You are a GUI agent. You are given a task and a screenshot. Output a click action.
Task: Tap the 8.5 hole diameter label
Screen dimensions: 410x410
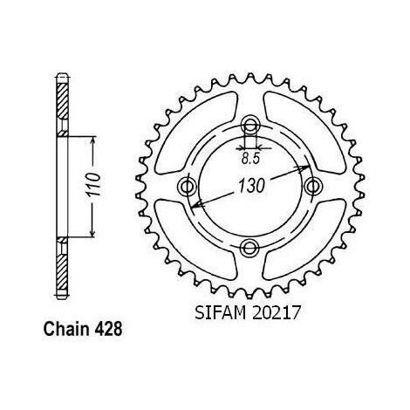pyautogui.click(x=250, y=159)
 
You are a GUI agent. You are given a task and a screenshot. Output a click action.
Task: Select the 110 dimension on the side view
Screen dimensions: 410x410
pyautogui.click(x=93, y=184)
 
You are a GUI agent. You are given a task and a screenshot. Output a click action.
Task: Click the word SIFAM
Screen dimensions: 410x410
pyautogui.click(x=220, y=313)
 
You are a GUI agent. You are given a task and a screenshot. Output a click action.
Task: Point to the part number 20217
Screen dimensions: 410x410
pyautogui.click(x=276, y=313)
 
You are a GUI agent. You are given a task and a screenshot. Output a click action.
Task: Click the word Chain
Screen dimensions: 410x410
pyautogui.click(x=66, y=329)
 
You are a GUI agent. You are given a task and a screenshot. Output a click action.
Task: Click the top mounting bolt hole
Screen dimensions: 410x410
pyautogui.click(x=249, y=126)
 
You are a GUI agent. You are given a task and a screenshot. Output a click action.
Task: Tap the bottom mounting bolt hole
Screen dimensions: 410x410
pyautogui.click(x=249, y=248)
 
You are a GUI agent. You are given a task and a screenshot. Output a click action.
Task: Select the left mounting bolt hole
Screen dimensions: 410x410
pyautogui.click(x=187, y=186)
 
